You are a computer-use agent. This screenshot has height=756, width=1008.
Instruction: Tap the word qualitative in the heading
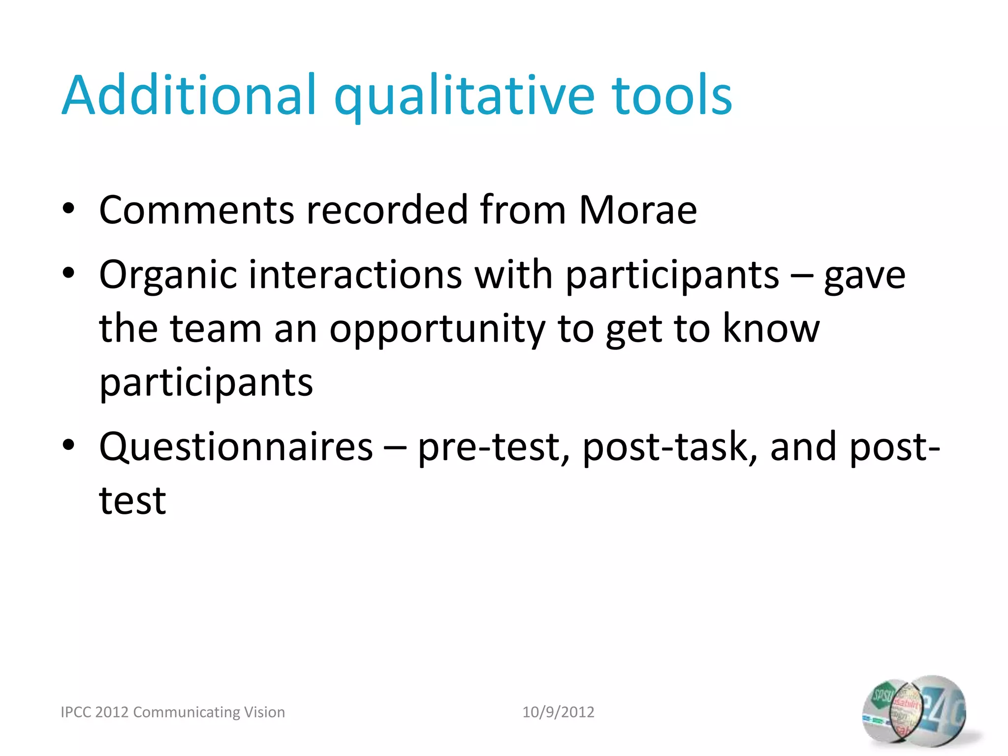pos(465,96)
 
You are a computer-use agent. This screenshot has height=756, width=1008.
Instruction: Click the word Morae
pos(637,210)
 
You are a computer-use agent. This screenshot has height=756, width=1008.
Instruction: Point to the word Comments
pos(196,210)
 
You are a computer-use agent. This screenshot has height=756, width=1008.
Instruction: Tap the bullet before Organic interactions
pos(68,272)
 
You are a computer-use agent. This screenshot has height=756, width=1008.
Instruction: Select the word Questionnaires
pos(236,447)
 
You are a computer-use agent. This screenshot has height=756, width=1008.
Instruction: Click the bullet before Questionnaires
pos(68,444)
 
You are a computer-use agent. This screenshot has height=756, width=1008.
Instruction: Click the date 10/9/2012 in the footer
pos(558,712)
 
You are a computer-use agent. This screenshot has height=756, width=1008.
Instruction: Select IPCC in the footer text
pos(76,712)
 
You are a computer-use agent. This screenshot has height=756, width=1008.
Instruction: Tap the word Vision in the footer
pos(265,712)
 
